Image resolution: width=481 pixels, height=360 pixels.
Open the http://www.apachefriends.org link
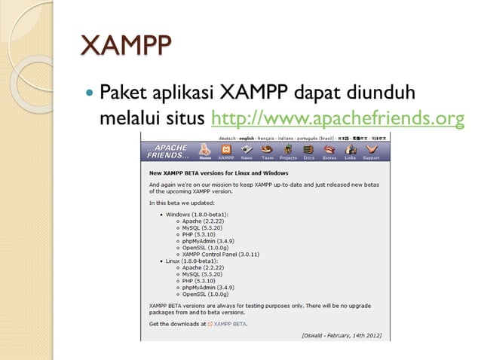(x=337, y=118)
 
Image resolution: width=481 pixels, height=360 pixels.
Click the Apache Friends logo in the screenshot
(x=167, y=151)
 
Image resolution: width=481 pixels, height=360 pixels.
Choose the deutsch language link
(x=227, y=139)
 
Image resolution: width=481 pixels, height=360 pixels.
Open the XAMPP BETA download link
(x=231, y=324)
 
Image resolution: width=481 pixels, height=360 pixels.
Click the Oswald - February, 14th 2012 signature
(x=342, y=334)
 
